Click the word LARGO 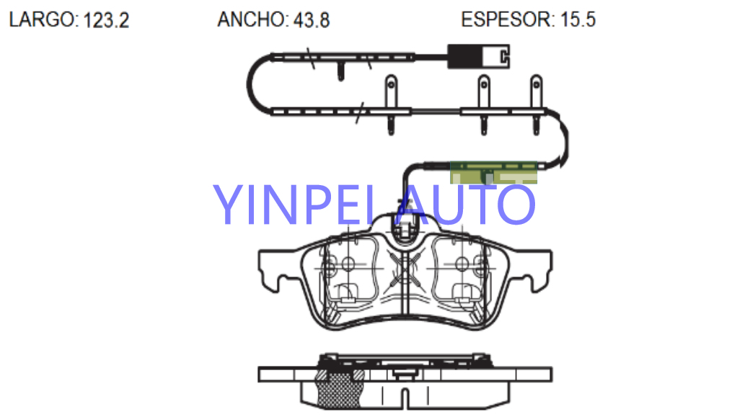coord(42,19)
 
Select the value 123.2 coord(106,20)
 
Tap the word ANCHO coord(252,19)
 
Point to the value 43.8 coord(312,20)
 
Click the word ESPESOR coord(506,19)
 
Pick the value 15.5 coord(578,19)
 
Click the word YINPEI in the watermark coord(294,205)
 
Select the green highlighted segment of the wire coord(493,172)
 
